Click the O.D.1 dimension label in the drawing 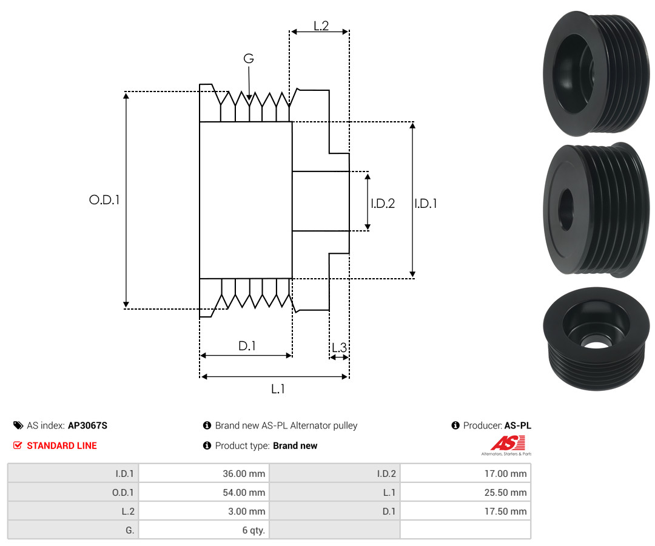104,200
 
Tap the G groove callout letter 249,58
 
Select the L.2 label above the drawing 321,26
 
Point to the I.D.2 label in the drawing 383,203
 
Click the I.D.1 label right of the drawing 426,203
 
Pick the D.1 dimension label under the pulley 247,345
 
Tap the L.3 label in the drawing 339,347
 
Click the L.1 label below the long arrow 278,389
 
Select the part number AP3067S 87,425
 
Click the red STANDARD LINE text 62,445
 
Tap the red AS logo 508,444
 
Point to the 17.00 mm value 505,473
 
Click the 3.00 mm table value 246,511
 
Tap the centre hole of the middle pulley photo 566,210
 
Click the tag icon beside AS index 18,425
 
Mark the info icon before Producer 455,425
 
